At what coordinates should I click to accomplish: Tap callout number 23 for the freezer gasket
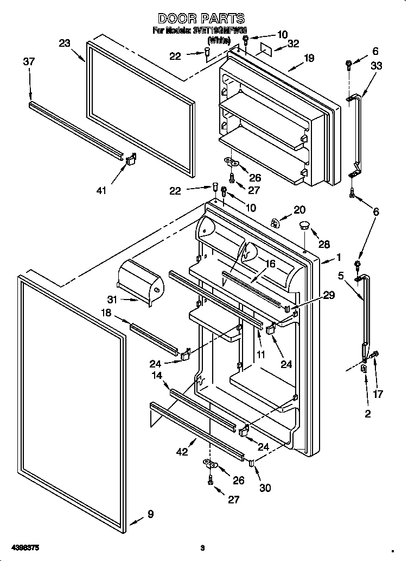[x=65, y=44]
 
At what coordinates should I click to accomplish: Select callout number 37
[x=29, y=62]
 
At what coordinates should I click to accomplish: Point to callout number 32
[x=293, y=45]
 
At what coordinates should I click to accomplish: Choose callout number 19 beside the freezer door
[x=309, y=58]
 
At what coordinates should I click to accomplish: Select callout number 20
[x=299, y=210]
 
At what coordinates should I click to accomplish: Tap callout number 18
[x=106, y=313]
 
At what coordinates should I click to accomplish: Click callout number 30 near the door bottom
[x=265, y=488]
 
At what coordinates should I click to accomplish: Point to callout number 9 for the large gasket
[x=150, y=514]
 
